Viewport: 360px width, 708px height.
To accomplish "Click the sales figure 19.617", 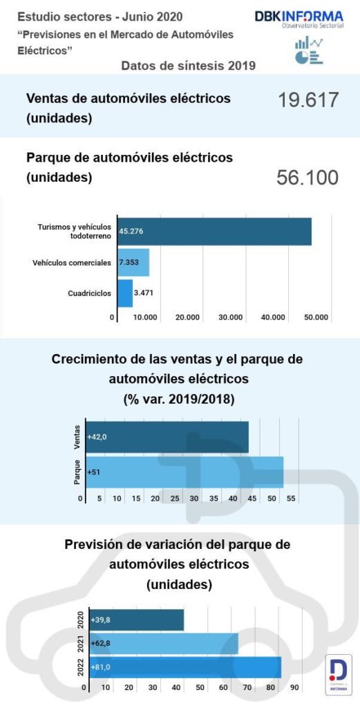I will [x=308, y=100].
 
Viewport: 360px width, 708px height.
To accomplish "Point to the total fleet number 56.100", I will [x=307, y=178].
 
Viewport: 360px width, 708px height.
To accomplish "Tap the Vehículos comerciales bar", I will [x=133, y=263].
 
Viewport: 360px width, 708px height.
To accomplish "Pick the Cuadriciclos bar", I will [x=125, y=293].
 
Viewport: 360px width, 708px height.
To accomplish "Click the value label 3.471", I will [x=144, y=293].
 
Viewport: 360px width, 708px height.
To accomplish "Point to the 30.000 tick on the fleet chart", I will [x=230, y=317].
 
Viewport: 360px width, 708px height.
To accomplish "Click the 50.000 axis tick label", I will [x=316, y=317].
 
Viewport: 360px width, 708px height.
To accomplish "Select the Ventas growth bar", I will [x=167, y=436].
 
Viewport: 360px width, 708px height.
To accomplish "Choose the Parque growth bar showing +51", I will [x=184, y=472].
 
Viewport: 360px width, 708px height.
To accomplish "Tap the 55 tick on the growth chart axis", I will [x=292, y=498].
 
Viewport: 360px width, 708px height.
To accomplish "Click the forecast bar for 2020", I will [x=135, y=619].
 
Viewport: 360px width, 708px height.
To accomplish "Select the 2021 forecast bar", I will [x=162, y=644].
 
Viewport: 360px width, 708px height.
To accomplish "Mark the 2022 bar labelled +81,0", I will [x=183, y=667].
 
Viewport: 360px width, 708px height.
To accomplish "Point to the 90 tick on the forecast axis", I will [x=294, y=688].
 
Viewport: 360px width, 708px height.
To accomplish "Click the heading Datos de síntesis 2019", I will [x=189, y=66].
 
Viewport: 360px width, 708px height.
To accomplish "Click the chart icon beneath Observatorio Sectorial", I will [x=309, y=51].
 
